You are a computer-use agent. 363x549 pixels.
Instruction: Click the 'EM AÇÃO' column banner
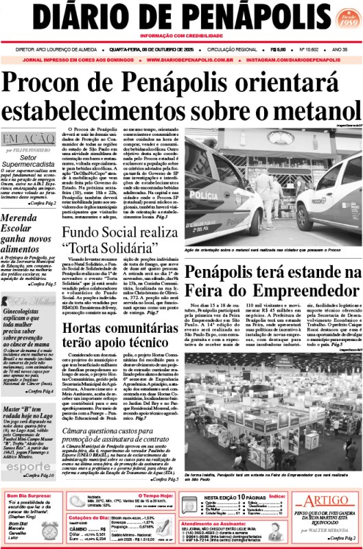click(x=27, y=140)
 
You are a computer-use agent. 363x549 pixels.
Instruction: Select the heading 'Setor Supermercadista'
click(x=27, y=162)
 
